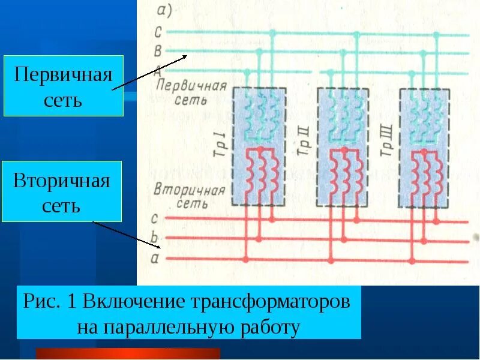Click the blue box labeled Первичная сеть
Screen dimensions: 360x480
point(63,86)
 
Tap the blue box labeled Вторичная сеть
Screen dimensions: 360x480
point(62,191)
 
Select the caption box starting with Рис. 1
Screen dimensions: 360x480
point(189,313)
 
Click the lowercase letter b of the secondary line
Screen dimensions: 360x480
point(155,238)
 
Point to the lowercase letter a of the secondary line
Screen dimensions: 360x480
point(155,259)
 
